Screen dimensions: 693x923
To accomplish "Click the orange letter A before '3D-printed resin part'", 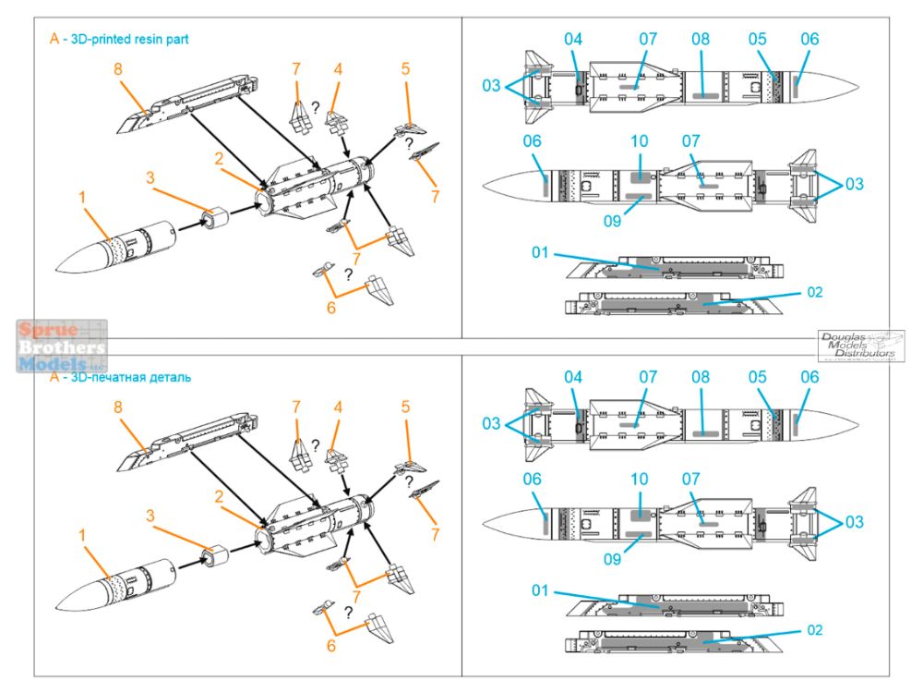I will pyautogui.click(x=54, y=40).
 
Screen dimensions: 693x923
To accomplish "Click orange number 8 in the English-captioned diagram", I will pyautogui.click(x=117, y=69).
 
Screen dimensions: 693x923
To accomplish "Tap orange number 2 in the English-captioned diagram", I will pyautogui.click(x=220, y=158).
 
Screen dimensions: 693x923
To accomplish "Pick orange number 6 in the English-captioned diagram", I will pyautogui.click(x=330, y=307).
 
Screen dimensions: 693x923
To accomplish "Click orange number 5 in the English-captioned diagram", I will pyautogui.click(x=405, y=69).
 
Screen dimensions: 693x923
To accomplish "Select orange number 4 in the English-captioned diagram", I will pyautogui.click(x=339, y=69).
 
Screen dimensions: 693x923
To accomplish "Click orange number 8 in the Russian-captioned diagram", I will pyautogui.click(x=117, y=407).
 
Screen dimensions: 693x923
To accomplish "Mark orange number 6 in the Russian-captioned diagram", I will pyautogui.click(x=330, y=644).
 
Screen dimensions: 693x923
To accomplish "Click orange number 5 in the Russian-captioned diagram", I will pyautogui.click(x=405, y=407).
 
